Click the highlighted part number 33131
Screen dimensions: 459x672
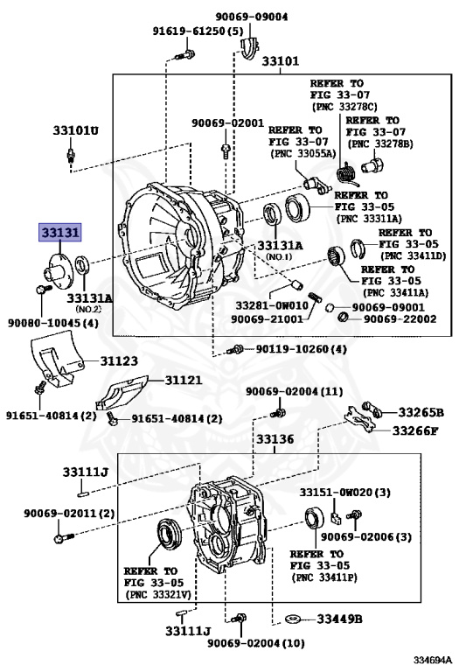(x=60, y=233)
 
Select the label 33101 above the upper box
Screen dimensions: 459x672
(x=281, y=61)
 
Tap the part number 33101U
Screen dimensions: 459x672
(x=75, y=129)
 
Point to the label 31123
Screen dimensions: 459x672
(x=119, y=360)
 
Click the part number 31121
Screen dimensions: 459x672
(x=184, y=380)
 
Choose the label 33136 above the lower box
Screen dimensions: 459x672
(x=275, y=439)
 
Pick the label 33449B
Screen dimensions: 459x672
(x=339, y=619)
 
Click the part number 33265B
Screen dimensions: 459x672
(x=421, y=412)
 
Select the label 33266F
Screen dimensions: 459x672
(x=415, y=430)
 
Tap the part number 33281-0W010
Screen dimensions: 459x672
(x=272, y=305)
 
